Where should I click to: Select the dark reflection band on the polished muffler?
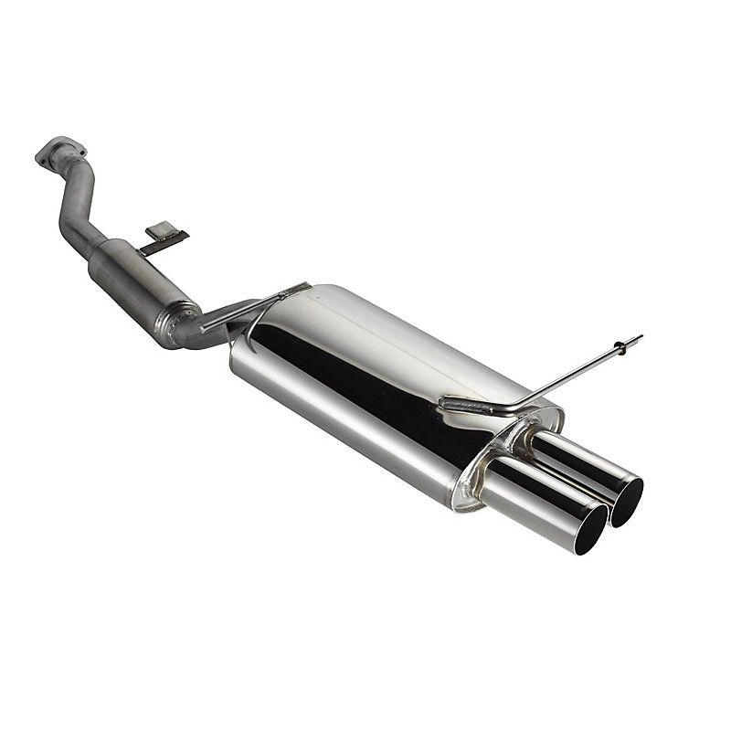(x=365, y=384)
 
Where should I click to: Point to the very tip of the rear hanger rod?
(x=640, y=337)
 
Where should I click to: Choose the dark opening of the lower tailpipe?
(x=591, y=530)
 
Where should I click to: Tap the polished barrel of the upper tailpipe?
(x=576, y=461)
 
